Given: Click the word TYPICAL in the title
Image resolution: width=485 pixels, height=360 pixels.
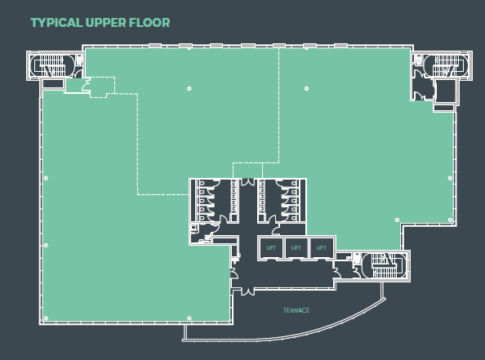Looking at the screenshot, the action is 56,23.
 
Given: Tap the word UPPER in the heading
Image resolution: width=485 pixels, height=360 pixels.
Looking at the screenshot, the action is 106,23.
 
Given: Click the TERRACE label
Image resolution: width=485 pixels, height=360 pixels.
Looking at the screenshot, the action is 296,310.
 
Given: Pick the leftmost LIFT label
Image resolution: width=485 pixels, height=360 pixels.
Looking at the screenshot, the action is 270,247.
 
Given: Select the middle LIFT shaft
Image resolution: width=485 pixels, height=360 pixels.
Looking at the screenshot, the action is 296,247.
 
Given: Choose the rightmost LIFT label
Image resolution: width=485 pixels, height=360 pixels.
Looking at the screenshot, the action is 321,247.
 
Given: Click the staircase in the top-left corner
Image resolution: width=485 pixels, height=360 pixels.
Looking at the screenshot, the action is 51,65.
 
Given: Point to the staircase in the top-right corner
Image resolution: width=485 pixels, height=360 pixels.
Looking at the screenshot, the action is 446,65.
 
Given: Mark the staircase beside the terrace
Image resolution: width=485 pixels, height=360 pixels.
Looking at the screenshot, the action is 384,265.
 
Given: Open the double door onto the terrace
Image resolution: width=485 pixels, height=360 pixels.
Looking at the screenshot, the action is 247,291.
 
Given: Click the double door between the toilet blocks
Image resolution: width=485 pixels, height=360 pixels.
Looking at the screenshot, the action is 247,182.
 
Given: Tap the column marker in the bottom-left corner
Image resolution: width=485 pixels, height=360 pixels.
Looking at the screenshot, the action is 46,318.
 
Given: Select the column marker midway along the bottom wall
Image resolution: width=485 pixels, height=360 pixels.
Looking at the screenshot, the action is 189,318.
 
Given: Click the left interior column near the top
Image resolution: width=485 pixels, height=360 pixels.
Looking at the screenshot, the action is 189,89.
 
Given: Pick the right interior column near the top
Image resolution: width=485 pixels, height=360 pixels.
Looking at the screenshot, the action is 306,89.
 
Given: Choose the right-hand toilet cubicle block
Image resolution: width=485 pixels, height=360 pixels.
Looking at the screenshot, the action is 282,201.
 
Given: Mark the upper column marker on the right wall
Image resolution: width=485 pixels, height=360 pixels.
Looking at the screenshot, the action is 450,178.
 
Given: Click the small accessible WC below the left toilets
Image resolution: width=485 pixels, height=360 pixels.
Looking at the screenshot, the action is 201,233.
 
